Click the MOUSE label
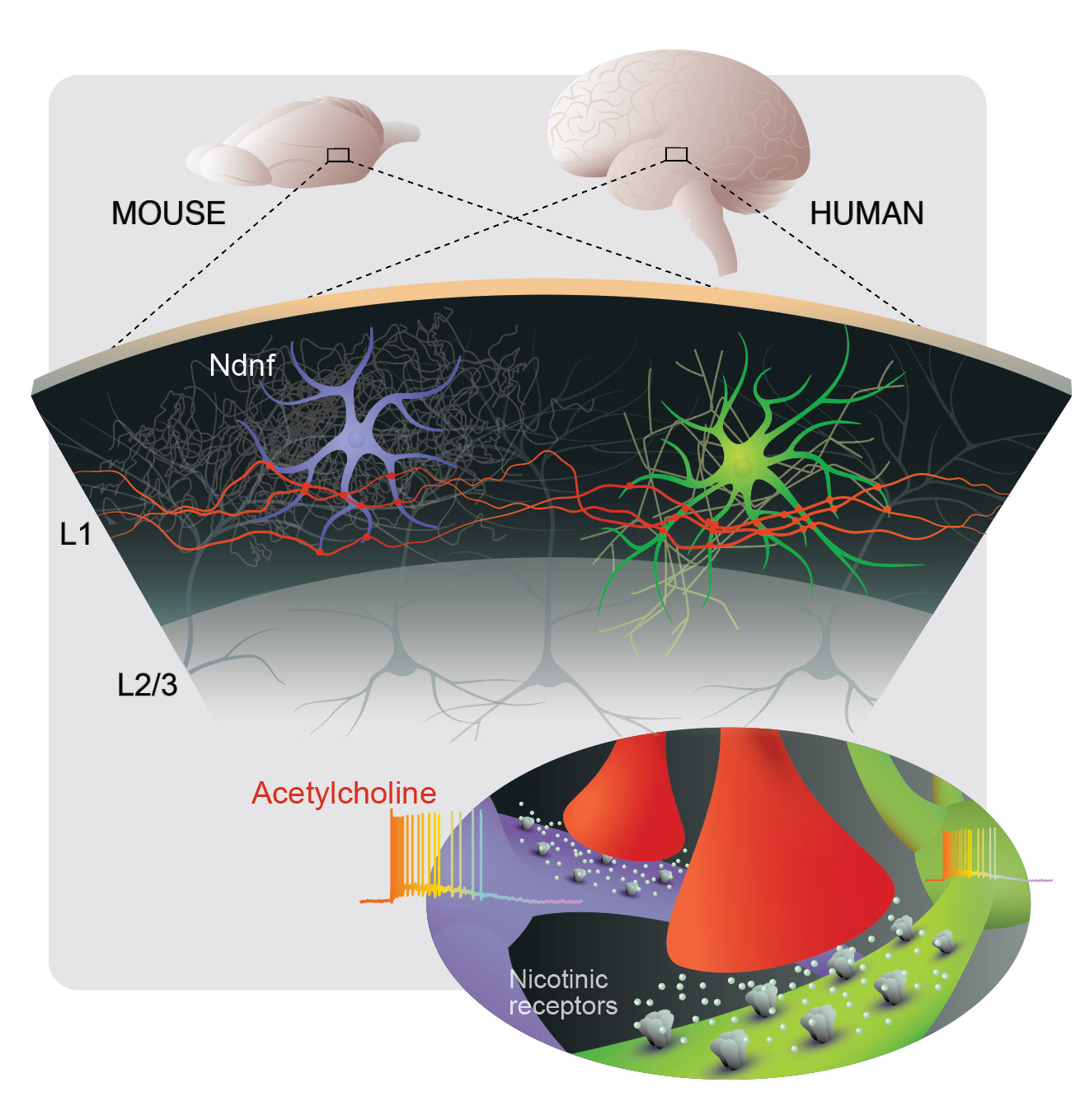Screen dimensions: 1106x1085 pos(168,213)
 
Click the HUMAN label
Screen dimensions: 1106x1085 pos(867,213)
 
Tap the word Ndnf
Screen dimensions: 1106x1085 pos(242,365)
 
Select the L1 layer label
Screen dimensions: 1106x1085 pos(75,535)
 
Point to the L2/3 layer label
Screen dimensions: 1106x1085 pos(148,684)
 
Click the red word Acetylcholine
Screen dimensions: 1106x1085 pos(344,793)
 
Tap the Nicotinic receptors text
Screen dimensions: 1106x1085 pos(562,992)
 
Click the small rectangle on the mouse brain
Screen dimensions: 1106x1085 pos(338,155)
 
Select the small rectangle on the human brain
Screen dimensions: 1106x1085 pos(676,154)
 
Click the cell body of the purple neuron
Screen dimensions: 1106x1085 pos(356,439)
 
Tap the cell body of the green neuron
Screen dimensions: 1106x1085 pos(742,466)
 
